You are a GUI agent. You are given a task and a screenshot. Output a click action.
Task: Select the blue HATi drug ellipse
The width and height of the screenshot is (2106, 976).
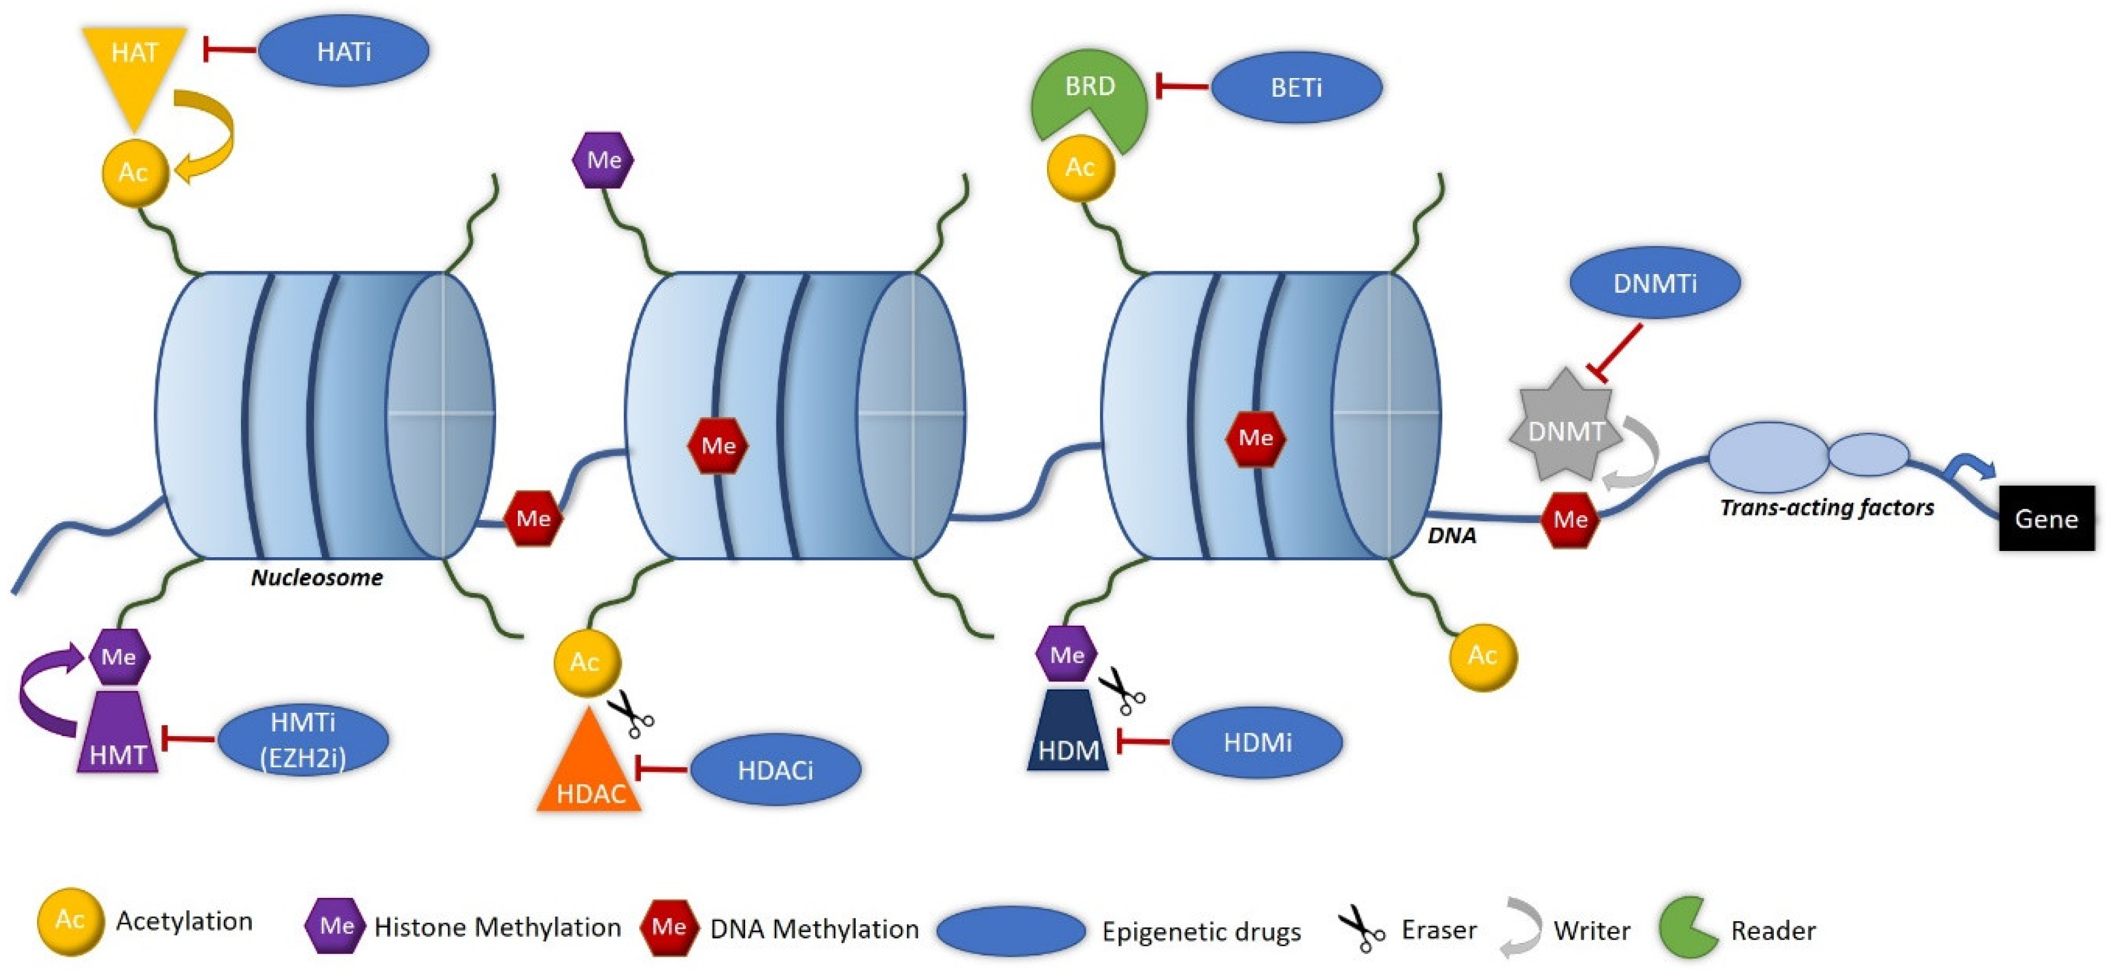(x=343, y=51)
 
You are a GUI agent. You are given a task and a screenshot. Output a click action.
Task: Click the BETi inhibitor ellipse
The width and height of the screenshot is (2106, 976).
(x=1296, y=88)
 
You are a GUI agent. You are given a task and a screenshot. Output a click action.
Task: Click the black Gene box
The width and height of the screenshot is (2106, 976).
(x=2046, y=518)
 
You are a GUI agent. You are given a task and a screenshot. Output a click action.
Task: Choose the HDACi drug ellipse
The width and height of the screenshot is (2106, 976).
(x=775, y=769)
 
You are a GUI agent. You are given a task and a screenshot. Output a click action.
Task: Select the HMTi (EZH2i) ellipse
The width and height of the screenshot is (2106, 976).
(x=302, y=740)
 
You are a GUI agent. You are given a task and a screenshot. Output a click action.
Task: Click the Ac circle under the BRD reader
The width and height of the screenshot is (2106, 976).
(x=1080, y=168)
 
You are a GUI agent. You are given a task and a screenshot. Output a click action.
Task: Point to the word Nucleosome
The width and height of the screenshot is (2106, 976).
(x=316, y=577)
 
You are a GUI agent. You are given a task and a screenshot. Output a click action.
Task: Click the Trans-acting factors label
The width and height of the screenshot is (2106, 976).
(x=1826, y=508)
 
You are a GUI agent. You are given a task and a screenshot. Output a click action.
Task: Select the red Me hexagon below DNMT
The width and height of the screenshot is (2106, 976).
(x=1570, y=519)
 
